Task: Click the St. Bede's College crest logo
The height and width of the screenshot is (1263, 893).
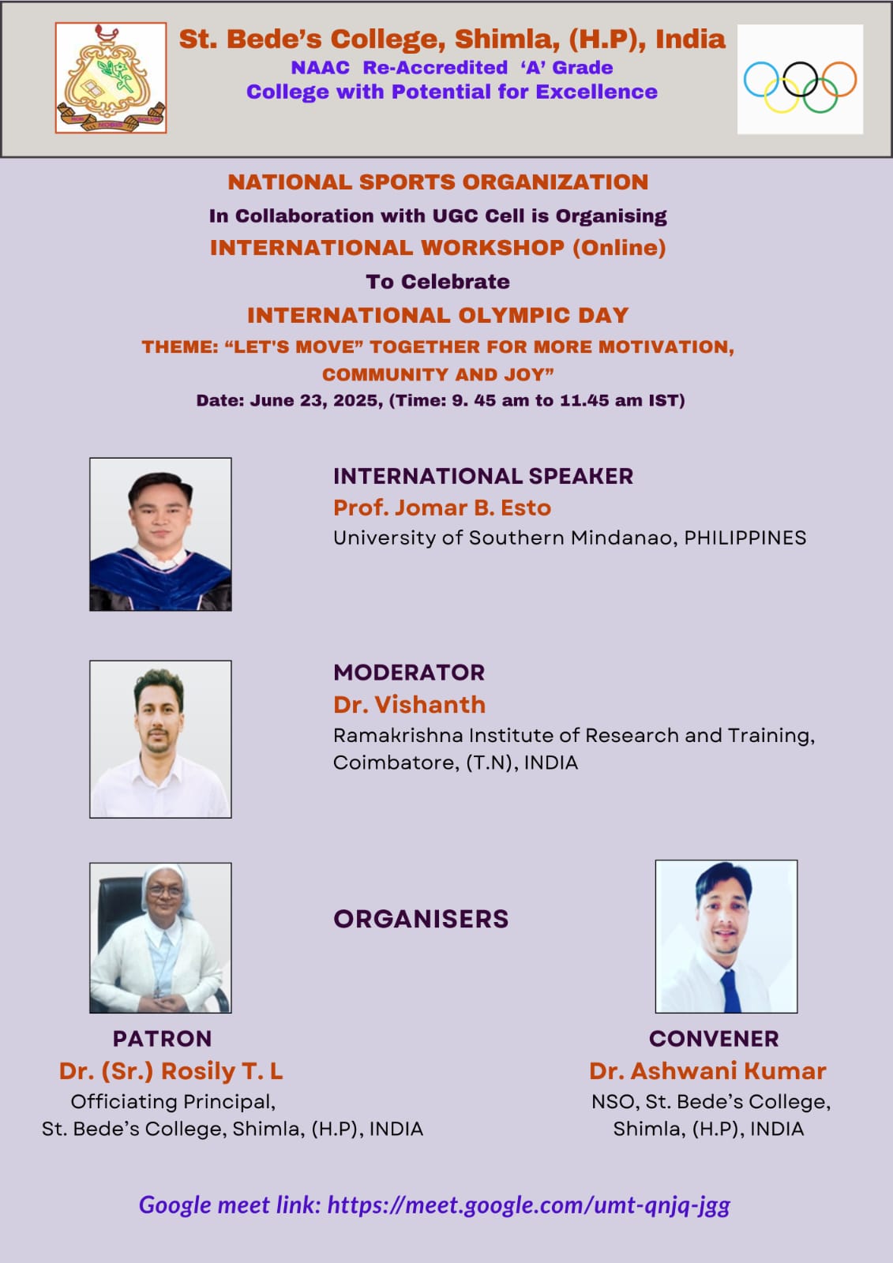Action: click(x=111, y=78)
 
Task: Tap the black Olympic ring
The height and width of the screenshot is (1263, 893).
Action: click(x=800, y=79)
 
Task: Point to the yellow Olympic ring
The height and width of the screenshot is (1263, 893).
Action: click(x=782, y=95)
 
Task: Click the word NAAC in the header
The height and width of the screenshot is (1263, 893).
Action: click(x=321, y=68)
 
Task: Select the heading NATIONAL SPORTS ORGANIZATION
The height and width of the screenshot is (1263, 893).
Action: click(x=437, y=182)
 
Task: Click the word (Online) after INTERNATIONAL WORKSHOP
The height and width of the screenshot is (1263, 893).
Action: click(x=619, y=248)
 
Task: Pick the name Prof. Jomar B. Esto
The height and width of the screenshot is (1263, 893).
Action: click(x=442, y=508)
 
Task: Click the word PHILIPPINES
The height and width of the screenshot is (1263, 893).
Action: click(x=745, y=538)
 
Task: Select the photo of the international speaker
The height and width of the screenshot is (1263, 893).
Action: click(x=160, y=534)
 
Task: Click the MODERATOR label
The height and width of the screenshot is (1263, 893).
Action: click(x=409, y=673)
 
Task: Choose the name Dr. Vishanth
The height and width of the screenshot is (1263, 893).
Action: click(x=410, y=705)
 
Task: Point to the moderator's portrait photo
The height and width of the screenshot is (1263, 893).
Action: click(x=160, y=739)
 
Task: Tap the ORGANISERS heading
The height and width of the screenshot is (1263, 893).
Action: click(x=421, y=919)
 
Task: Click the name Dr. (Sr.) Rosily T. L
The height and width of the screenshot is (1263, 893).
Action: click(x=171, y=1071)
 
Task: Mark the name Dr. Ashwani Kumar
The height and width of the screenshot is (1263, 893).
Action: click(x=708, y=1071)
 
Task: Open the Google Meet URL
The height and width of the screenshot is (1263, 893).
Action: click(x=528, y=1205)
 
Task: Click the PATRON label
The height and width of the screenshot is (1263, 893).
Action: click(x=163, y=1039)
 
